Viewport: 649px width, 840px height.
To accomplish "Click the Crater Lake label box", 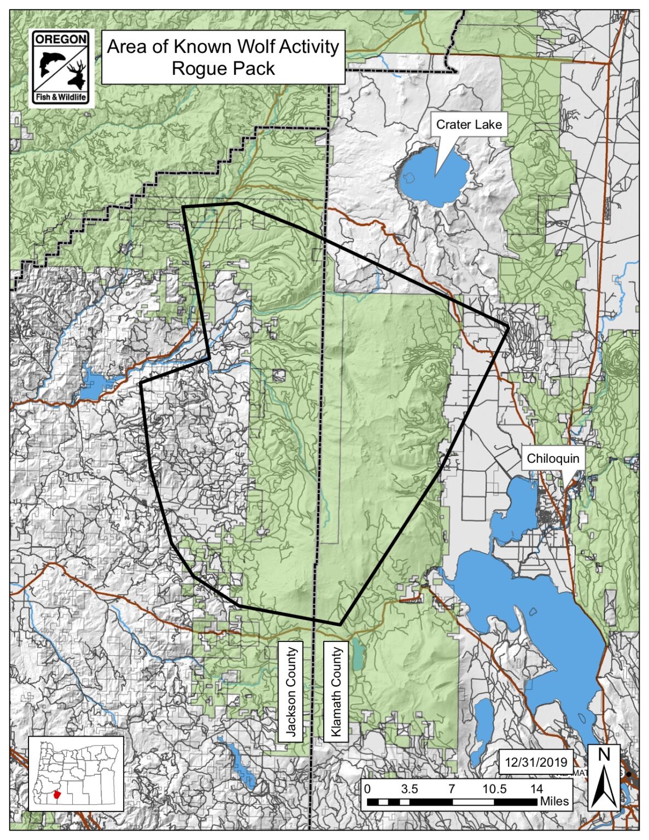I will coord(469,125).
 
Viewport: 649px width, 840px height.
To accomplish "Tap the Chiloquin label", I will coord(552,458).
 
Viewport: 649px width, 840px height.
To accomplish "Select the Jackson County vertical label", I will coord(291,691).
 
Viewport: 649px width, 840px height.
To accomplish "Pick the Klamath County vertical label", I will coord(336,691).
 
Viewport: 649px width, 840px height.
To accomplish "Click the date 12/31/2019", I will coord(536,762).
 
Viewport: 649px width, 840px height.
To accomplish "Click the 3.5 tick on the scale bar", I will coord(409,789).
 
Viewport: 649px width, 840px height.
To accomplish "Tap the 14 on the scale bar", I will coord(536,789).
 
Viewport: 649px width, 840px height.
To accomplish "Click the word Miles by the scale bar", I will coord(554,802).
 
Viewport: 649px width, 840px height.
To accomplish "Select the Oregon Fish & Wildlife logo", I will coord(61,68).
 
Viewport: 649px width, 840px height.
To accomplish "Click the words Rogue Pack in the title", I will coord(223,69).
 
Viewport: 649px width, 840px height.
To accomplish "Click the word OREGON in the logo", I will coord(61,39).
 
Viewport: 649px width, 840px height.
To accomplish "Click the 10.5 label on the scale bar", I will coord(494,789).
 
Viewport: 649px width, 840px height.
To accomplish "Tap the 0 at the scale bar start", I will coord(367,789).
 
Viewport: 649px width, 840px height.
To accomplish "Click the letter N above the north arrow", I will coord(604,755).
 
